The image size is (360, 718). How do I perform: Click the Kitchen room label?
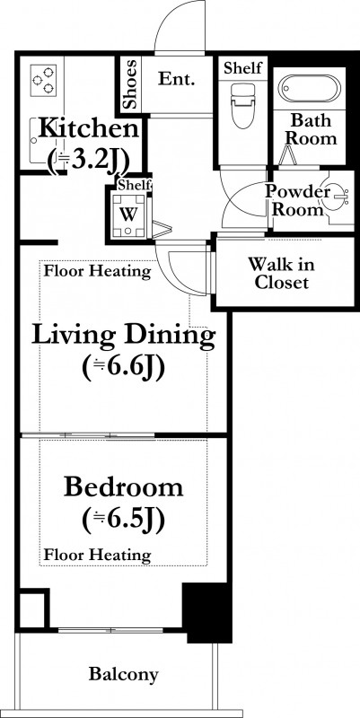88,128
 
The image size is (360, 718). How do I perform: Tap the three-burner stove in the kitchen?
43,80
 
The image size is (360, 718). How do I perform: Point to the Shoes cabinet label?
131,83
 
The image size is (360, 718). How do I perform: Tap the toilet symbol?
242,105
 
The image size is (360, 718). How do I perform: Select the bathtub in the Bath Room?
309,88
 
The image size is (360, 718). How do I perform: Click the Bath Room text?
312,129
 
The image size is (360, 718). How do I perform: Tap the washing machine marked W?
129,215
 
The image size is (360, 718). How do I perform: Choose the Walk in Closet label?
281,274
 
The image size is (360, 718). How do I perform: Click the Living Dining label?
123,335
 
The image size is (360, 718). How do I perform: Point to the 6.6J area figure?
123,367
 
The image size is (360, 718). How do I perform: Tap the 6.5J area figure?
123,520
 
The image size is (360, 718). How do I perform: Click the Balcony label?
123,674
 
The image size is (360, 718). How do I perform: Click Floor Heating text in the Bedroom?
97,556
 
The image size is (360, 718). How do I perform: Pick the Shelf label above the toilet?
242,68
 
